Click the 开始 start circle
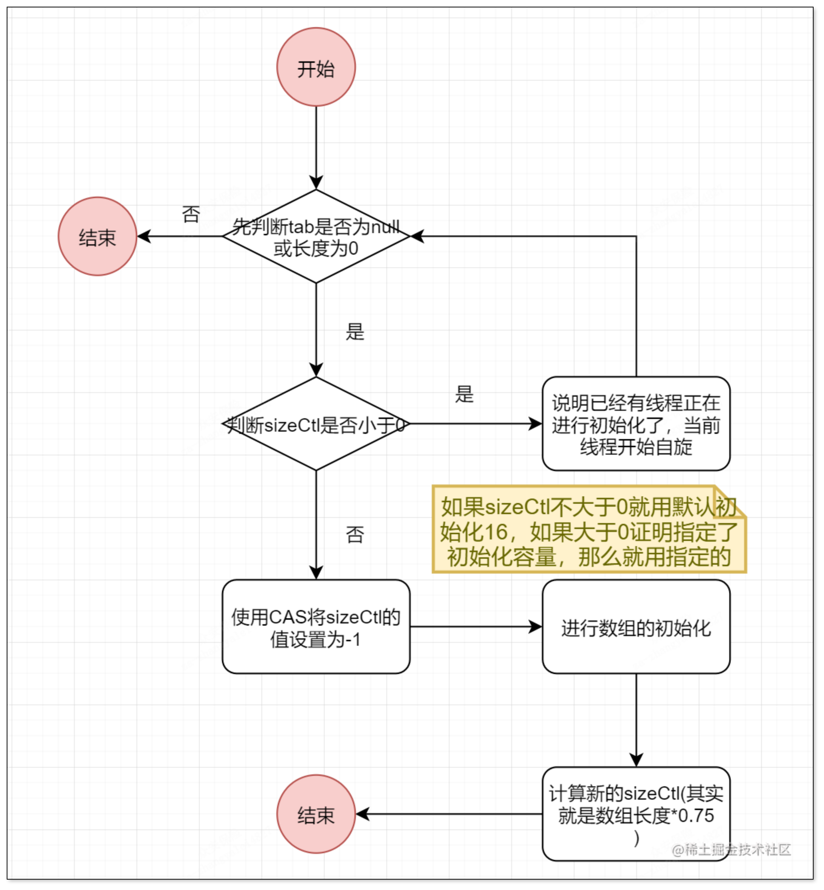click(316, 67)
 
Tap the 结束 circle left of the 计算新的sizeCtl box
click(316, 814)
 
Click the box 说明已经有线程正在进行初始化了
click(636, 423)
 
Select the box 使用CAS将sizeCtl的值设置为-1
click(316, 626)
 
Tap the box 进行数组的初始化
click(636, 626)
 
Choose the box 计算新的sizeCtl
click(636, 814)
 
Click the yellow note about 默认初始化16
click(589, 531)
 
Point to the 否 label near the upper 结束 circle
click(191, 214)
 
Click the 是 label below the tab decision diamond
click(355, 332)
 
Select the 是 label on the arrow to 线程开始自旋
click(464, 394)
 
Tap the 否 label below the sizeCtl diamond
click(355, 534)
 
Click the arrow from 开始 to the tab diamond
click(316, 147)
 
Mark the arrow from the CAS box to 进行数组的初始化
click(475, 626)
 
